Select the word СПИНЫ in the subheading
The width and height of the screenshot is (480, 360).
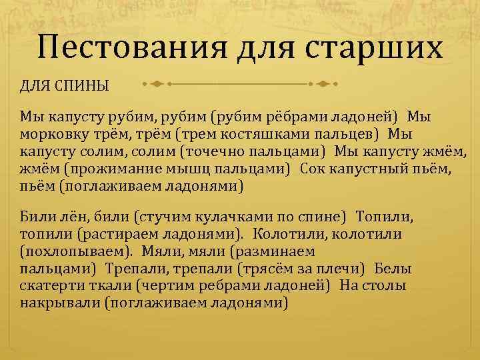pos(81,86)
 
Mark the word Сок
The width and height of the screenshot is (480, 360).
pos(313,169)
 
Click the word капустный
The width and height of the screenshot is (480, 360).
pos(364,169)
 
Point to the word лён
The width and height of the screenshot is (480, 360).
pos(63,217)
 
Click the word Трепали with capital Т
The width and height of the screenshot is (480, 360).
pos(133,269)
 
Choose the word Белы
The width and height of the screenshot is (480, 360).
pos(393,269)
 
